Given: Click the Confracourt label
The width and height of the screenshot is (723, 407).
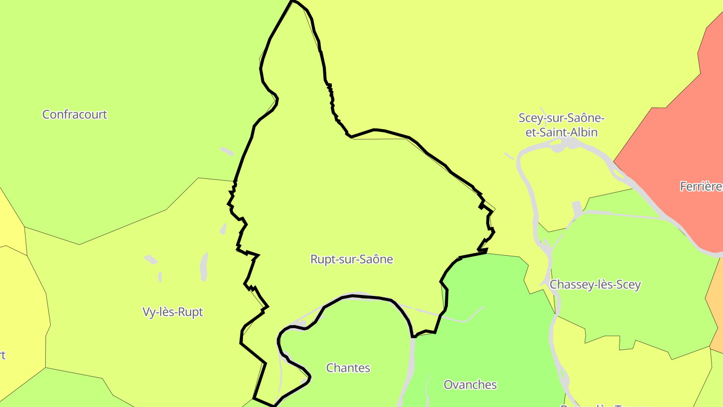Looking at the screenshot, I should pyautogui.click(x=74, y=115).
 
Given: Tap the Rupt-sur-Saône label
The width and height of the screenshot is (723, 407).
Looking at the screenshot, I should pyautogui.click(x=351, y=259).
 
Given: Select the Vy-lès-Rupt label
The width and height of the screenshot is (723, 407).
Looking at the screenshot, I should pyautogui.click(x=173, y=312).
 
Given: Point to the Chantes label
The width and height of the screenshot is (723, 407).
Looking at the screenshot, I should pyautogui.click(x=348, y=368).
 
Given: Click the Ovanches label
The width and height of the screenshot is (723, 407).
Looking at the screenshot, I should pyautogui.click(x=470, y=385).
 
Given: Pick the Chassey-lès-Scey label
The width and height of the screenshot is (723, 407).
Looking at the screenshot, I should pyautogui.click(x=595, y=285).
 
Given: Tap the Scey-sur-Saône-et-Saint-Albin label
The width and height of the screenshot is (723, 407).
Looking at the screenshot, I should pyautogui.click(x=561, y=125).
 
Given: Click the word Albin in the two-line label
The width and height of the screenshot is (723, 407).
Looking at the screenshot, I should pyautogui.click(x=584, y=133).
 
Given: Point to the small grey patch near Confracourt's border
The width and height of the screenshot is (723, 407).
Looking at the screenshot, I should pyautogui.click(x=227, y=151).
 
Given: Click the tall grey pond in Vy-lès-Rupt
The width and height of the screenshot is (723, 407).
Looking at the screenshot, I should pyautogui.click(x=204, y=266).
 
